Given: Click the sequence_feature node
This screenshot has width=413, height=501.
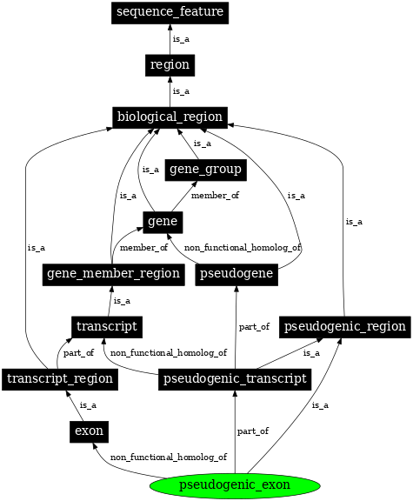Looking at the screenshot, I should (170, 12).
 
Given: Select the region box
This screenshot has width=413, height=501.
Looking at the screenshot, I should (170, 64).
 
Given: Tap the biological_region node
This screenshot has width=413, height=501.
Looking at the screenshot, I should (170, 117).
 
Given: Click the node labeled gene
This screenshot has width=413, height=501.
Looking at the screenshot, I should (163, 222).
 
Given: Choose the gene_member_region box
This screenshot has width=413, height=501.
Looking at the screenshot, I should (113, 274).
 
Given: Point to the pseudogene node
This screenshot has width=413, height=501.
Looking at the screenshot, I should (236, 274).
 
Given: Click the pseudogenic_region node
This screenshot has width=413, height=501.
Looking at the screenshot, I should (345, 326).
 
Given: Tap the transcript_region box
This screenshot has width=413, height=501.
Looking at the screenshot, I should (59, 378).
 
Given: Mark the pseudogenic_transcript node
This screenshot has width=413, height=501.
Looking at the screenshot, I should (235, 378).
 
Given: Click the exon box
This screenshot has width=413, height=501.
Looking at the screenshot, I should (89, 431).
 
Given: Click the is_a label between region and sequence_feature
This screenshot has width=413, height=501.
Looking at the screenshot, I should (181, 38).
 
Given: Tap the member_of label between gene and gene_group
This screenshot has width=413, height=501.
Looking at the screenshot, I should (215, 196).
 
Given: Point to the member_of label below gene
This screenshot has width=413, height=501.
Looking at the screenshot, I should (143, 248).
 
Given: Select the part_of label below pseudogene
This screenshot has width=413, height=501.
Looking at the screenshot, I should (253, 326).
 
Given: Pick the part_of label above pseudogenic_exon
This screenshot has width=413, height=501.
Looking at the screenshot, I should (252, 431).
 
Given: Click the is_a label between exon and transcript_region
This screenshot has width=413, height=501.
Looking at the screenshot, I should (88, 404).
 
